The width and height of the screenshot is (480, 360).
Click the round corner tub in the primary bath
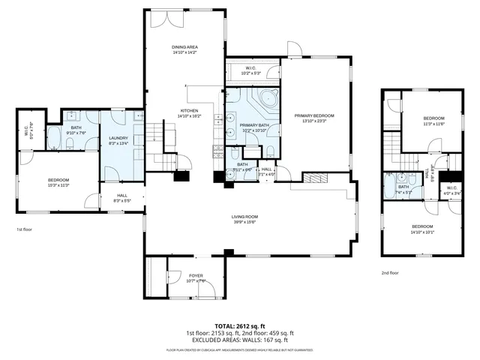pos(268,98)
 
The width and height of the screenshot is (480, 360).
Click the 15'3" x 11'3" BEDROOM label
pos(58,182)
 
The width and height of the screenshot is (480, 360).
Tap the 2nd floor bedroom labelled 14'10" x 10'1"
pos(422,229)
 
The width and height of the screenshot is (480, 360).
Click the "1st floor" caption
pos(24,230)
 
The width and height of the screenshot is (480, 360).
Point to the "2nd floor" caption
pos(390,273)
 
